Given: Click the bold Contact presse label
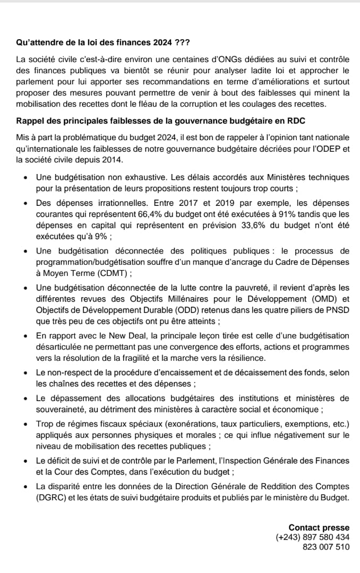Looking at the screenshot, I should (319, 527).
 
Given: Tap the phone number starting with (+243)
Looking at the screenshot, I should (312, 537).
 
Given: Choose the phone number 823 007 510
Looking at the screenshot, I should (325, 546).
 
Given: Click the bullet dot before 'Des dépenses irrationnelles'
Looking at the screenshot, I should (26, 203).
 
